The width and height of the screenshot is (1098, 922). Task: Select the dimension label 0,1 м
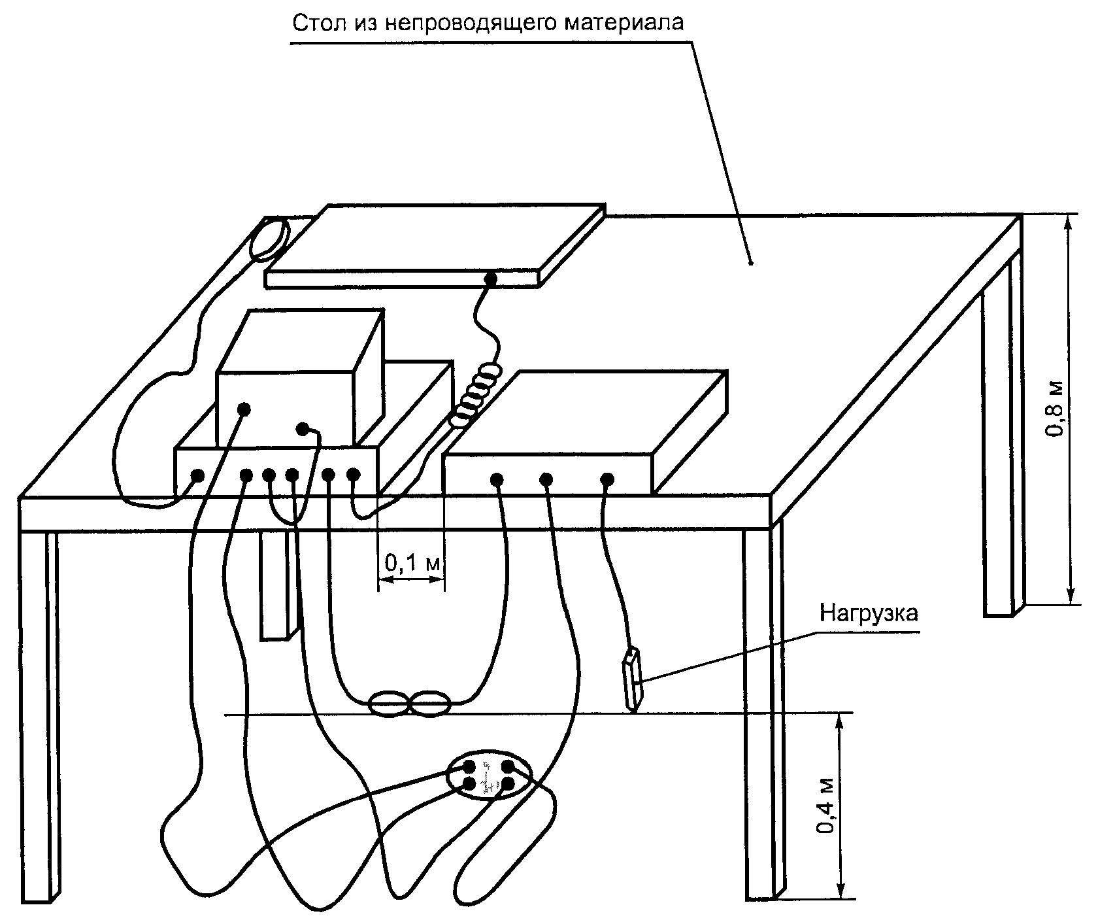point(412,561)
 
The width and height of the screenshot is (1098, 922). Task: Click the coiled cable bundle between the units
point(478,396)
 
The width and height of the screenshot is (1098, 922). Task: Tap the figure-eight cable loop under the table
point(410,704)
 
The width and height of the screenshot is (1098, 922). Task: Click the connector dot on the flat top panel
point(489,279)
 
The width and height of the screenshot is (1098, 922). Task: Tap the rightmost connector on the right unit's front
point(607,480)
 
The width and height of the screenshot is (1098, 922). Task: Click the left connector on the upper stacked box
point(244,409)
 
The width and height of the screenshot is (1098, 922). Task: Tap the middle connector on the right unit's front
point(546,480)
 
